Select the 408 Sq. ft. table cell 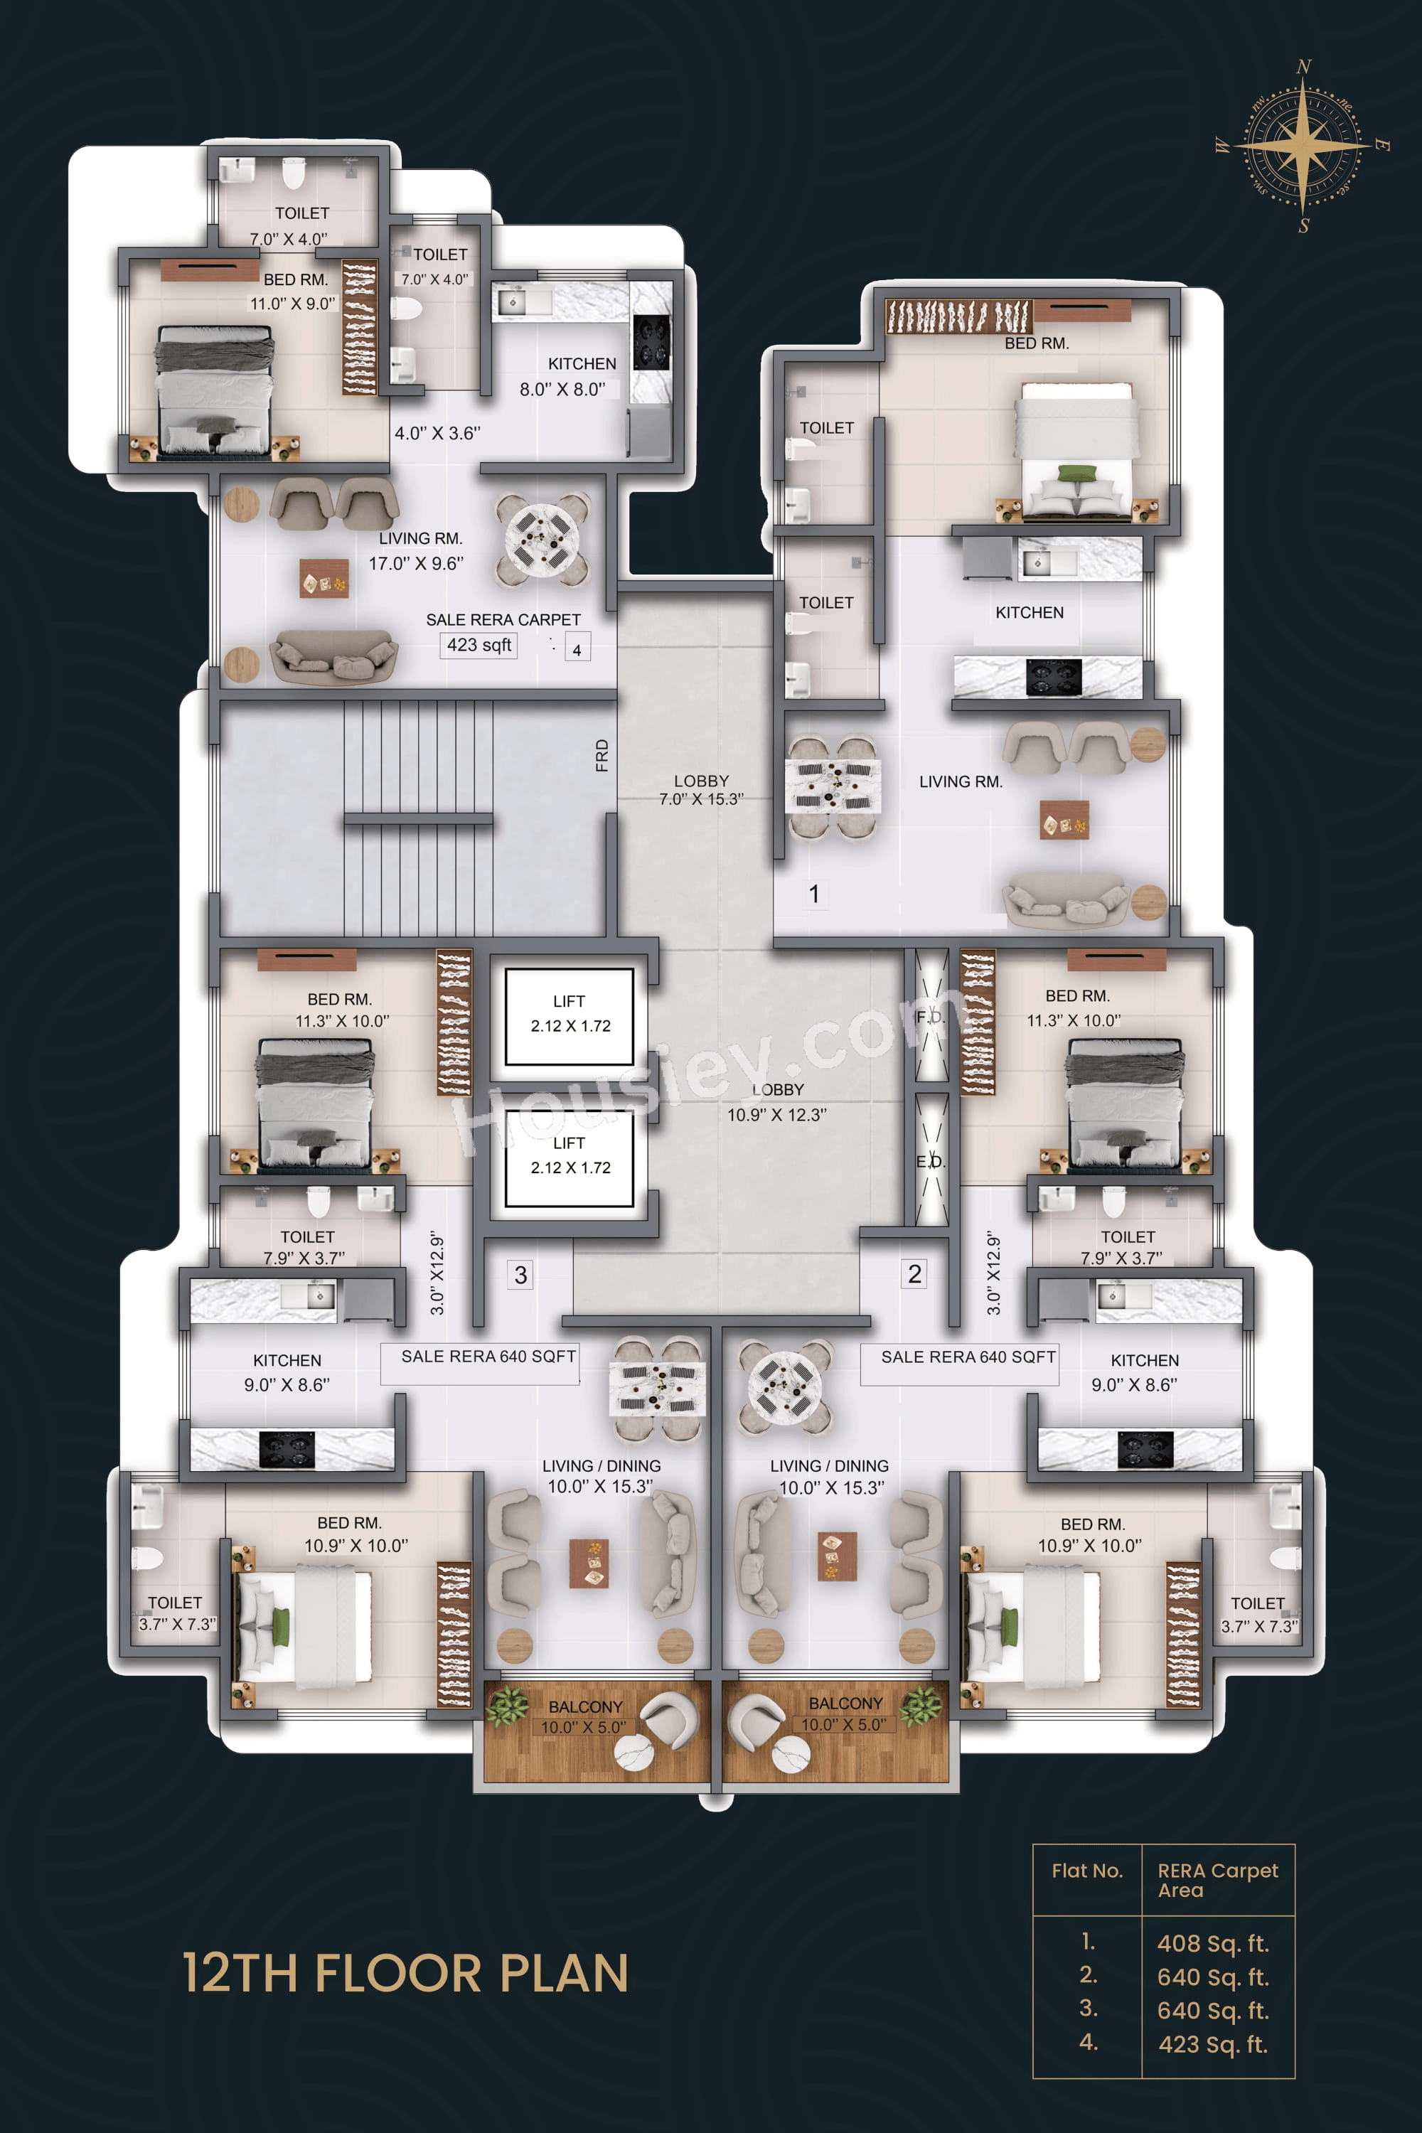pos(1212,1943)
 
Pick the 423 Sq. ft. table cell pos(1212,2044)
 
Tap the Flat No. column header pos(1086,1871)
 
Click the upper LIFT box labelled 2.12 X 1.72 pos(569,1016)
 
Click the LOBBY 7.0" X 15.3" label pos(701,789)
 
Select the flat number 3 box pos(520,1275)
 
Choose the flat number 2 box pos(914,1274)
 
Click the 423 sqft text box pos(479,645)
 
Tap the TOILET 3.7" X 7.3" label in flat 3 pos(177,1613)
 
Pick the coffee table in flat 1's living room pos(1064,820)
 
